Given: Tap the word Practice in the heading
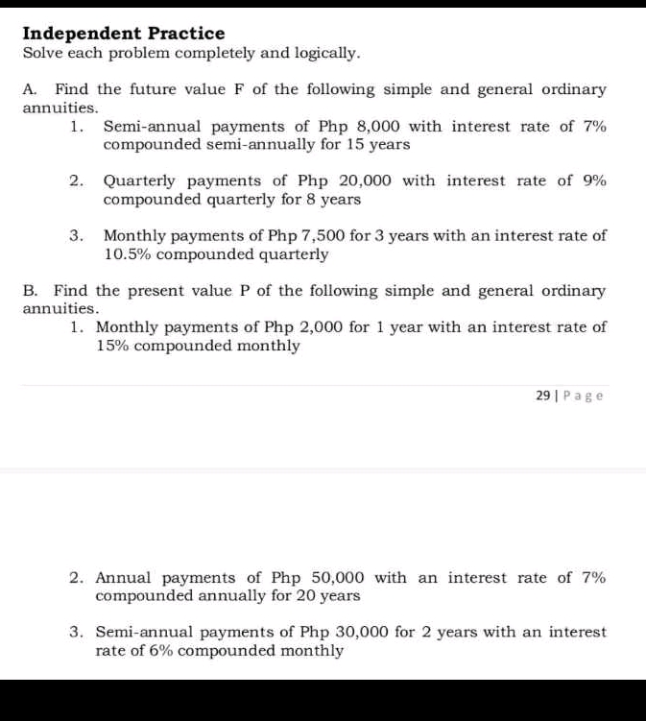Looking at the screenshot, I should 186,34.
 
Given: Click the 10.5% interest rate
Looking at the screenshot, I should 128,254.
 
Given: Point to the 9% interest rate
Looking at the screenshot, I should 595,180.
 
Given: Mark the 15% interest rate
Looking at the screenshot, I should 111,346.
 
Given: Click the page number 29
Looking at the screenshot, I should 543,395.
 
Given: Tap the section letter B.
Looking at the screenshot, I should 30,290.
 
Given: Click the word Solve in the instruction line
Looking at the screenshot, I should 42,54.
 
